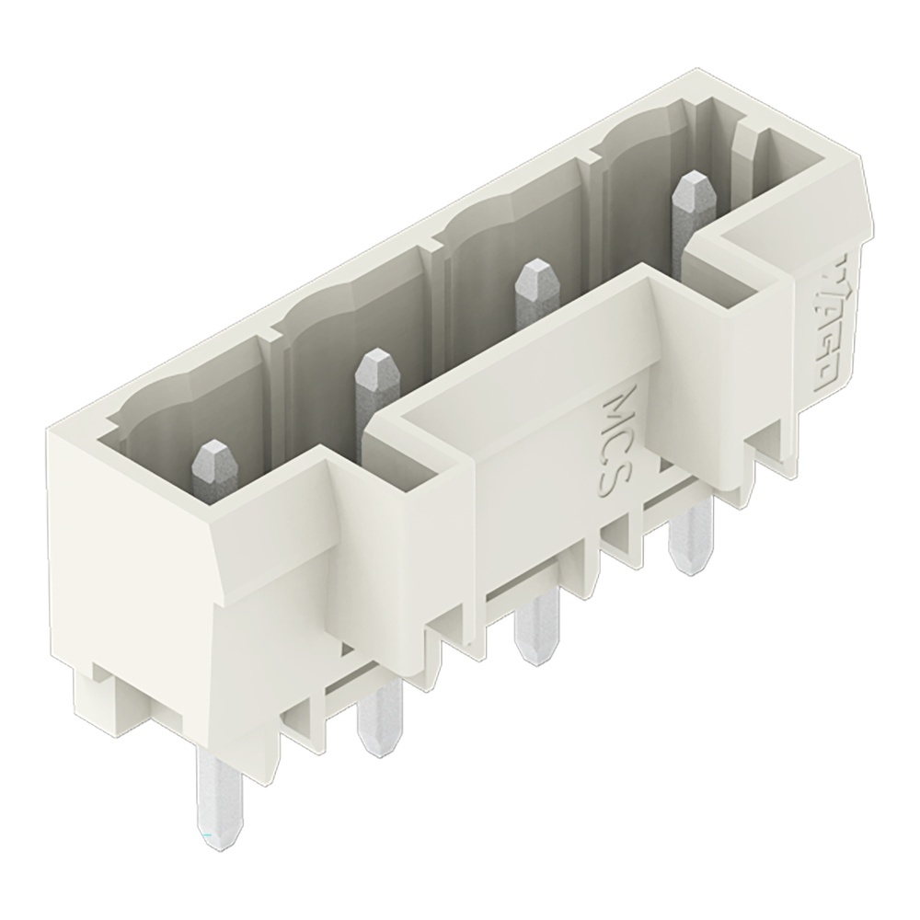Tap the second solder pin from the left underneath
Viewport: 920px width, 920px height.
coord(377,727)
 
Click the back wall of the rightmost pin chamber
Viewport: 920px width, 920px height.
coord(644,152)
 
